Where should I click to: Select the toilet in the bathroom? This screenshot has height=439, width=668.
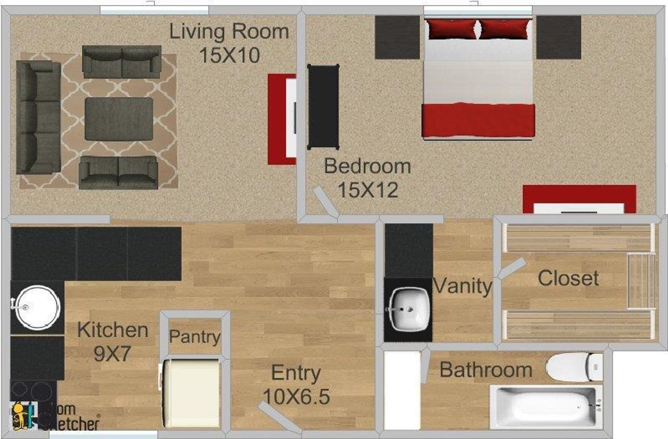click(574, 367)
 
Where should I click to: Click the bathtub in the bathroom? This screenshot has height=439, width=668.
click(546, 407)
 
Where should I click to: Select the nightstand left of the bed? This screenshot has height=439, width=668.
click(397, 37)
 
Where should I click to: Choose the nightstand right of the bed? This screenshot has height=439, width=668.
click(558, 37)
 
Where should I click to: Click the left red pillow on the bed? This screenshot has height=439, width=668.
click(452, 29)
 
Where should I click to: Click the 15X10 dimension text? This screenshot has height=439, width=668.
click(229, 55)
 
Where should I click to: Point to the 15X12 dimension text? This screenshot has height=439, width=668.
click(368, 190)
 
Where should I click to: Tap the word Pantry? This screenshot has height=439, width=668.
click(194, 337)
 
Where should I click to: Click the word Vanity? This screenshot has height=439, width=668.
click(462, 286)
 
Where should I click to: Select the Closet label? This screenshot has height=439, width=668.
click(568, 278)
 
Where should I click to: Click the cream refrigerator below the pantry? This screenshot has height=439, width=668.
click(191, 393)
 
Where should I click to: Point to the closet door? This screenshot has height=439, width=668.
click(512, 268)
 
